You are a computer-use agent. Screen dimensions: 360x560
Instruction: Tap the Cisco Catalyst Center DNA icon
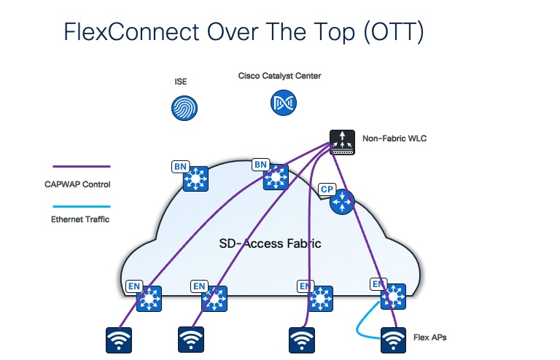[x=280, y=103]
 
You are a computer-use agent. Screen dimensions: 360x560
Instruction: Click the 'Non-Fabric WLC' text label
[x=394, y=138]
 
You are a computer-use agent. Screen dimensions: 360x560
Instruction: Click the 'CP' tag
[x=327, y=189]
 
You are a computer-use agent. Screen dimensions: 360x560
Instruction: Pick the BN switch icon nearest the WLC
[x=276, y=177]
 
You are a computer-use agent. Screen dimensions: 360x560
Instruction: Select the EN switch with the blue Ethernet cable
[x=394, y=296]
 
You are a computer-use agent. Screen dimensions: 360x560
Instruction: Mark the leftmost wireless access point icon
[x=120, y=340]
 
